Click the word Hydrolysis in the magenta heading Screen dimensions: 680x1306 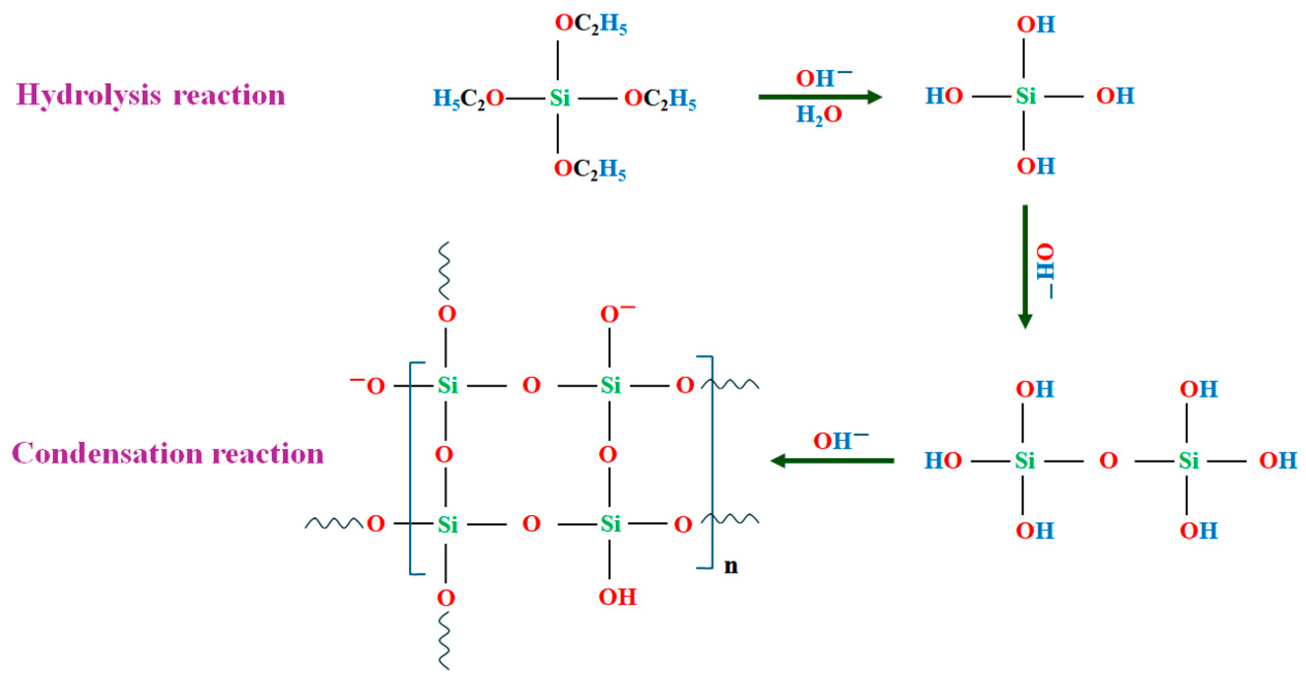89,96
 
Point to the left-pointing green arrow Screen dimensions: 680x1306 832,461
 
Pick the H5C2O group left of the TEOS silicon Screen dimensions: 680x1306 468,98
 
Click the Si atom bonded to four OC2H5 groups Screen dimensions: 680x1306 560,98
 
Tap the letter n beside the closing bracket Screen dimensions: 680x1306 731,566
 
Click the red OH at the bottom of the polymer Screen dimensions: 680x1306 617,597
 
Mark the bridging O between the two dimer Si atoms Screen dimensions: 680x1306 1108,461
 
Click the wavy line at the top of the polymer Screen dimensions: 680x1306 444,271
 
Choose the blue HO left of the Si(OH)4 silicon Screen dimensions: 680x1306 943,96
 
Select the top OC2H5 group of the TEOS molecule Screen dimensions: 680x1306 591,23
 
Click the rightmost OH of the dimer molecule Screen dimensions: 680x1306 1278,461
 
